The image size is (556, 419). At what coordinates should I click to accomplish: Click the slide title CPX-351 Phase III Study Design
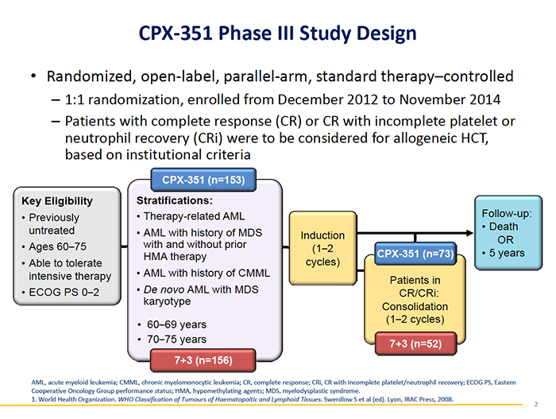[277, 33]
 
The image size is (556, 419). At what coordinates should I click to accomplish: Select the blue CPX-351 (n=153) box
[203, 179]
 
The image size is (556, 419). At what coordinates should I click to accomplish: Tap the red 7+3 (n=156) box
[203, 360]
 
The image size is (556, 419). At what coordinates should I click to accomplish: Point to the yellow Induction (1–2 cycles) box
[322, 248]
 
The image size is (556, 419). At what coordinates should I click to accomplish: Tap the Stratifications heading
[174, 200]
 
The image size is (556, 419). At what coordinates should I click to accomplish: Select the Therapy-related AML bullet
[195, 216]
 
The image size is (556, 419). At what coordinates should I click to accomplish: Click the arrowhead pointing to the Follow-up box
[467, 234]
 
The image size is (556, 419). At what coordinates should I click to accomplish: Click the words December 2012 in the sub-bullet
[375, 102]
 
